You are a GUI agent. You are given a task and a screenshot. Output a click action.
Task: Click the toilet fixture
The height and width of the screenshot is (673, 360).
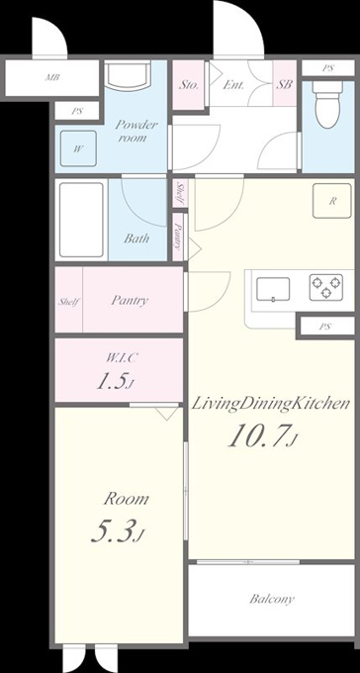pos(327,104)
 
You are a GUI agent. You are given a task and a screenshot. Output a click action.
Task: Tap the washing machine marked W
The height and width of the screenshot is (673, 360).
pos(78,148)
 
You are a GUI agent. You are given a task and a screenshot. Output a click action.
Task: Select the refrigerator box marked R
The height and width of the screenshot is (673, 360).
pos(331,201)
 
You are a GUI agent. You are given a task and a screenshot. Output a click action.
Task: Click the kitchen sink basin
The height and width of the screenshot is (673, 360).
pos(273,289)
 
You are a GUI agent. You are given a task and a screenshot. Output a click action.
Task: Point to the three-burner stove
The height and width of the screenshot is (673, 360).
pos(326,287)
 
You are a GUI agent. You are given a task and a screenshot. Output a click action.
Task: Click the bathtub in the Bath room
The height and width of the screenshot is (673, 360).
pos(81,220)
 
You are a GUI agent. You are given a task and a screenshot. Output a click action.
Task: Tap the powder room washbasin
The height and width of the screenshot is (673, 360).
pos(128,75)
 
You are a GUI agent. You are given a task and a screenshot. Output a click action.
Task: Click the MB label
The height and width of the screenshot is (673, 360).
pos(52,78)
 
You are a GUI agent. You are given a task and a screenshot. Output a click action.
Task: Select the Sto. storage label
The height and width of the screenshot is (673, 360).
pos(188,85)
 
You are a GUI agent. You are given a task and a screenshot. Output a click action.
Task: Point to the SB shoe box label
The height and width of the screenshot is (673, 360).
pos(284,84)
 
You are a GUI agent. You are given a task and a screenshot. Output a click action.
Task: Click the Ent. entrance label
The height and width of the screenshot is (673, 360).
pos(233,85)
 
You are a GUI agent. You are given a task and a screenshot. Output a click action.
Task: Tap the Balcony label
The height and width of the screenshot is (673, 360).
pos(272,599)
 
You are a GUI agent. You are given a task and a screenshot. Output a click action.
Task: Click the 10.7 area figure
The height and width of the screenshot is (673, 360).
pos(262,436)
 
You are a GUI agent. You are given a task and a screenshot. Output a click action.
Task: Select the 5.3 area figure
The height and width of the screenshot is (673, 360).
pos(117,530)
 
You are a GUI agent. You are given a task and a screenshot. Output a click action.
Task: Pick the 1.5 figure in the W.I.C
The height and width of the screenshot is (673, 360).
pos(114,381)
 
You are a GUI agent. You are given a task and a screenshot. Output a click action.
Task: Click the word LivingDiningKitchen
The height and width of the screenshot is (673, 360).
pos(270,404)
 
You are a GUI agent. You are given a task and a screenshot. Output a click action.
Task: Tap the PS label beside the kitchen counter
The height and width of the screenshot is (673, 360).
pos(324,327)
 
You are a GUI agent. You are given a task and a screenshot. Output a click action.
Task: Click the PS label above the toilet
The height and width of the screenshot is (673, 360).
pos(328,68)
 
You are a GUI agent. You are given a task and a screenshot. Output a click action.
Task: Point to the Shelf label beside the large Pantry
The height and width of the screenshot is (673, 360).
pos(68,302)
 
